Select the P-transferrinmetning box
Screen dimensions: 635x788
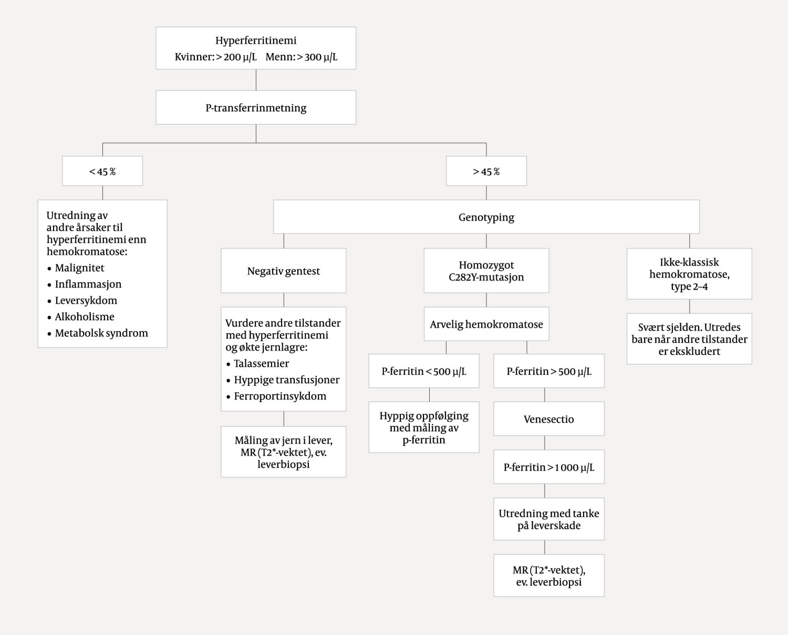(x=256, y=108)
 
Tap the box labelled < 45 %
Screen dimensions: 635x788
(x=102, y=171)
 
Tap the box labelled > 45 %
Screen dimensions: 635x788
(x=486, y=171)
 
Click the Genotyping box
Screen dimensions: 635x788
(x=486, y=217)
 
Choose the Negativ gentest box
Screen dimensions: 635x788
(x=283, y=271)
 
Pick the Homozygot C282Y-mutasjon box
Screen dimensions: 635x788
(x=486, y=271)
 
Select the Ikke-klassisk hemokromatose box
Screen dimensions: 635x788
(x=689, y=274)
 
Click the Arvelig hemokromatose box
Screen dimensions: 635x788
(x=486, y=324)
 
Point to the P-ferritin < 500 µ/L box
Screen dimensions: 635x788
(x=423, y=371)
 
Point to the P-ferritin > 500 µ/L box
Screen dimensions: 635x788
(x=548, y=371)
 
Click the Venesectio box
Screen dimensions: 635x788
(x=548, y=419)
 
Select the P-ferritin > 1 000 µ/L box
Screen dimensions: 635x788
(x=548, y=467)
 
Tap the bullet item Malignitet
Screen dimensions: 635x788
(x=79, y=268)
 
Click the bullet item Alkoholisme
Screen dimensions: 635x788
(x=85, y=317)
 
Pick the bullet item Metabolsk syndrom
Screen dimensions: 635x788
(x=101, y=333)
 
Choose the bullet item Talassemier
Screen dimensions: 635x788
(x=261, y=364)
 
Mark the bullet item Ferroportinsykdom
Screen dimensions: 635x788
(x=280, y=396)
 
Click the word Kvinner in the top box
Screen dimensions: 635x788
(x=194, y=57)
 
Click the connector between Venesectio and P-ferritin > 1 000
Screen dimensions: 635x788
(x=545, y=443)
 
